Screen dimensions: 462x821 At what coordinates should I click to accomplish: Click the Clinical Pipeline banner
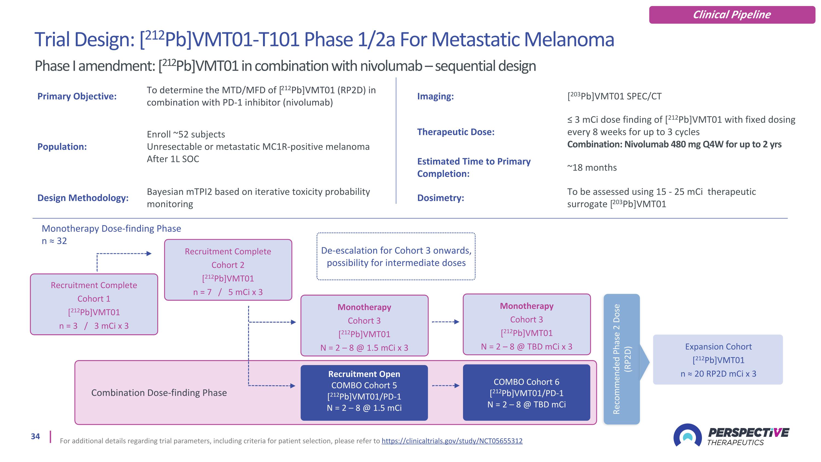click(x=732, y=15)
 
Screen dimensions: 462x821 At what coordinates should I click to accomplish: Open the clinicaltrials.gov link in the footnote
click(x=452, y=441)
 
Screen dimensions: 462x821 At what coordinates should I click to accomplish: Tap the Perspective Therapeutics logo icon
click(x=687, y=435)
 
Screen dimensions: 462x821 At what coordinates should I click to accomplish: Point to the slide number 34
click(x=35, y=436)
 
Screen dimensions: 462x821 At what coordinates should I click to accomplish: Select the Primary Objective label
click(x=77, y=96)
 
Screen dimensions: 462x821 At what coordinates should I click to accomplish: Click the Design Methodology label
click(x=83, y=198)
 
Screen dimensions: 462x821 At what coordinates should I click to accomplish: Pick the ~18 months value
click(x=592, y=168)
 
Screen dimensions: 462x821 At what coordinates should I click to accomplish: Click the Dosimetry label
click(x=440, y=198)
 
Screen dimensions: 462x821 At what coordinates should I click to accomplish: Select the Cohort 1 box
click(x=94, y=304)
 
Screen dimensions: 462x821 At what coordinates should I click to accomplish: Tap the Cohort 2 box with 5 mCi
click(x=228, y=270)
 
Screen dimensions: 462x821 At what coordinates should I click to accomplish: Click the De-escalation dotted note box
click(x=396, y=256)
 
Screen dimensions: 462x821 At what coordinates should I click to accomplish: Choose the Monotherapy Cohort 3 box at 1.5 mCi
click(x=364, y=326)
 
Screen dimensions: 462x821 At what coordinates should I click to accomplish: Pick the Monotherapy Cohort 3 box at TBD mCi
click(x=527, y=324)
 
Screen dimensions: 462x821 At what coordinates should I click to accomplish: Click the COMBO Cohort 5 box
click(x=364, y=392)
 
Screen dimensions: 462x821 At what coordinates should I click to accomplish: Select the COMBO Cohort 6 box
click(x=526, y=392)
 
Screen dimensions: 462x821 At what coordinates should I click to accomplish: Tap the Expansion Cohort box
click(x=718, y=360)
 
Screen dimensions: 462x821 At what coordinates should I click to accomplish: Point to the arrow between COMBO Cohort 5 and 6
click(x=445, y=386)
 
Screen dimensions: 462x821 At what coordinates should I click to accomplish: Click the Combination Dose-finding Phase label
click(x=159, y=393)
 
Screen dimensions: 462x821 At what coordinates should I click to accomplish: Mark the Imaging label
click(x=435, y=96)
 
